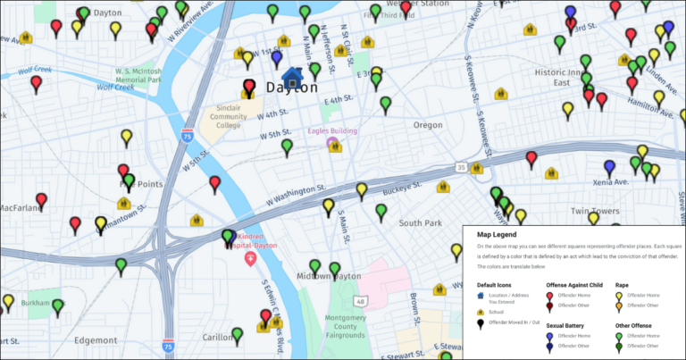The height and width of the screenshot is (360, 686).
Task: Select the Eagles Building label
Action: pos(332,131)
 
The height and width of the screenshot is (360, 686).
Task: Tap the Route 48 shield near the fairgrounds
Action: pos(359,301)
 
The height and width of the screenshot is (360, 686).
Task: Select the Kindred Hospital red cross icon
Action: pos(251,257)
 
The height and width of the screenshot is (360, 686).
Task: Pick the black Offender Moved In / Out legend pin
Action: pos(482,323)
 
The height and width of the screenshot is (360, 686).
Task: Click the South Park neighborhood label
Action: pos(421,222)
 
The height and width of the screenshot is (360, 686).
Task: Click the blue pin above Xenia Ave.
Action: pos(609,166)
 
